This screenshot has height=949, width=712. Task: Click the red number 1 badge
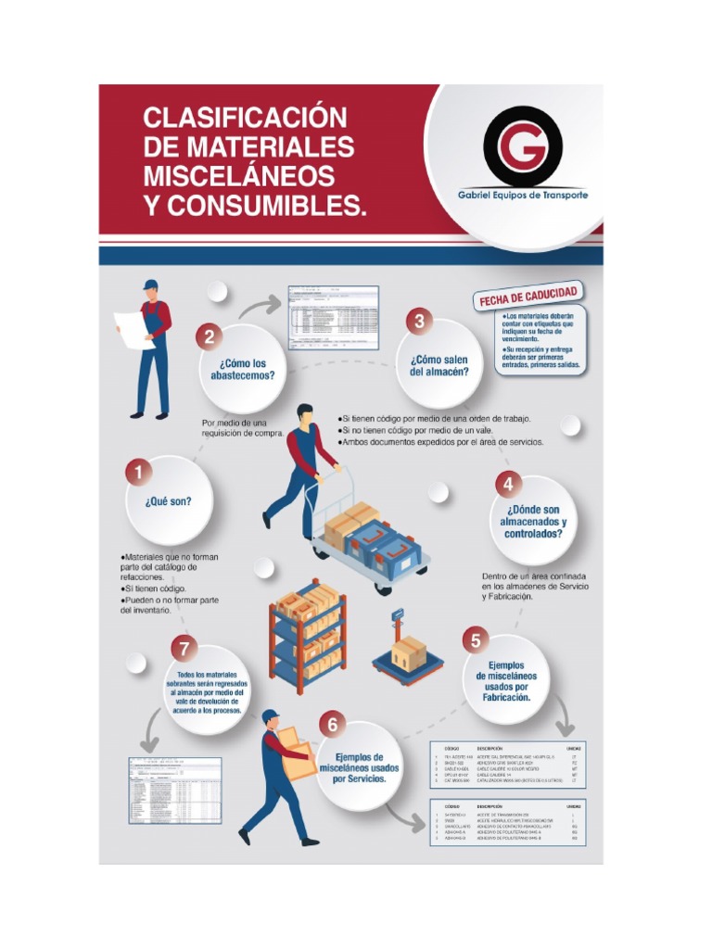(139, 474)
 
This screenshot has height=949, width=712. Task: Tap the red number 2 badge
(210, 337)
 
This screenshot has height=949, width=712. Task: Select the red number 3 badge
(419, 323)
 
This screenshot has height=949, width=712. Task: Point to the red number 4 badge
(507, 484)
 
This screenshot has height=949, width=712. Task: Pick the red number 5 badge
(475, 639)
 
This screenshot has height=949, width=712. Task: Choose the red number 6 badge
(332, 725)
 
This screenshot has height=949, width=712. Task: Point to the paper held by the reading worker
(131, 328)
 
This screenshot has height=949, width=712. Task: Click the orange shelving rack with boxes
(307, 636)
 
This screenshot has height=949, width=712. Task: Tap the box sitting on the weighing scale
(408, 652)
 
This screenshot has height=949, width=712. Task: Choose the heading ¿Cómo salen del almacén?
(439, 365)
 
